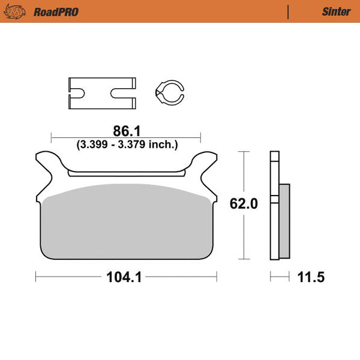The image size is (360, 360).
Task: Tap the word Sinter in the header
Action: coord(337,11)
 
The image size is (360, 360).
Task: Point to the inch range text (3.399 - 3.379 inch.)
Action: coord(127,144)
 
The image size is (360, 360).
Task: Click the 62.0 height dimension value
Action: coord(244,204)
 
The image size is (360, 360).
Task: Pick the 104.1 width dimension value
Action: coord(125,277)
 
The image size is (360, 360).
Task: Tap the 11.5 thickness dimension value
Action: coord(311,277)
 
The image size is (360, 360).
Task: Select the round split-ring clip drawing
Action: coord(169,93)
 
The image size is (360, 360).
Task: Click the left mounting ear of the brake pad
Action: coord(48,165)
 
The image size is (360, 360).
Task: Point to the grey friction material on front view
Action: coord(126,222)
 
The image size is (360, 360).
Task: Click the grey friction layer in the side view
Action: coord(284,222)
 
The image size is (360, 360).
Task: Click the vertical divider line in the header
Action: coord(289,11)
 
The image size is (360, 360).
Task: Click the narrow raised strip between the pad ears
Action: coord(125,174)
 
